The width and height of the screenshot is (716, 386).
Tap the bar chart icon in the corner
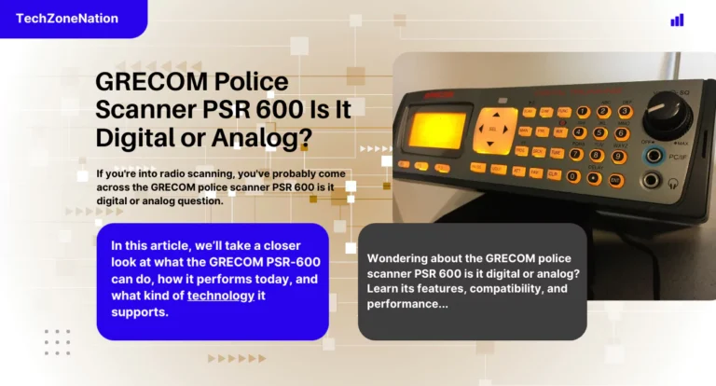click(677, 20)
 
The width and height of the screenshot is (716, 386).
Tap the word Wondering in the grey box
click(402, 258)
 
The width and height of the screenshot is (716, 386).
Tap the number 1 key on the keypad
click(581, 112)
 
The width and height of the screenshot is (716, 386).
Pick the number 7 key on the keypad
click(575, 154)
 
